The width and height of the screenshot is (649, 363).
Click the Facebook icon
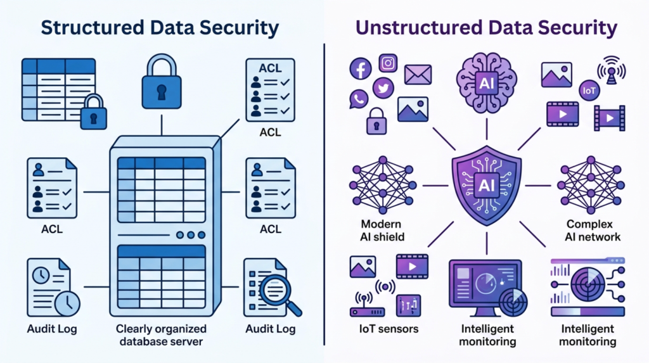click(x=360, y=68)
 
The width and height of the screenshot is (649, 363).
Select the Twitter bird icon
click(x=383, y=88)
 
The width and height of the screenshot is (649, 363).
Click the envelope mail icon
click(x=418, y=75)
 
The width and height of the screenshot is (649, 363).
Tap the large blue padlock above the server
click(x=162, y=83)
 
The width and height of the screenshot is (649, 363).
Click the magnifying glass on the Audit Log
click(x=278, y=290)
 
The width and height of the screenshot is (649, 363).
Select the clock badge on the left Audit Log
click(x=67, y=303)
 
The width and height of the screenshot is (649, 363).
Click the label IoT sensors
click(x=379, y=329)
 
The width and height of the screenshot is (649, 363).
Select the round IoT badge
click(x=589, y=91)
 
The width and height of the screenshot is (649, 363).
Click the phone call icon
click(x=359, y=98)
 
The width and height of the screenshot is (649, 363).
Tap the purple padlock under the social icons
click(x=376, y=120)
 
